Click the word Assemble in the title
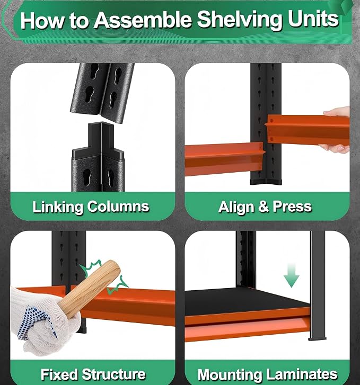pyautogui.click(x=143, y=20)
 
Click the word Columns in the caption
pyautogui.click(x=118, y=206)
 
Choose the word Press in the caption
pyautogui.click(x=292, y=207)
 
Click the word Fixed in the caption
pyautogui.click(x=59, y=374)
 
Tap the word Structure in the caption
pyautogui.click(x=113, y=374)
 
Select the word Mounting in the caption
pyautogui.click(x=230, y=375)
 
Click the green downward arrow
pyautogui.click(x=292, y=275)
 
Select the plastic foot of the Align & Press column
pyautogui.click(x=266, y=182)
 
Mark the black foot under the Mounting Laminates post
pyautogui.click(x=318, y=339)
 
